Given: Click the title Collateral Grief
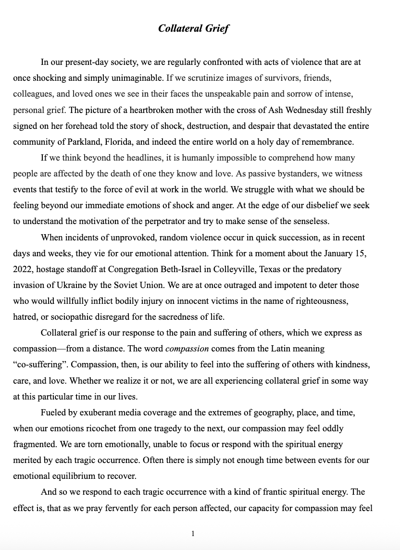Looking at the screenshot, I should pyautogui.click(x=194, y=28).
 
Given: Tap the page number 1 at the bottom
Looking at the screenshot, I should pyautogui.click(x=193, y=533).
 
